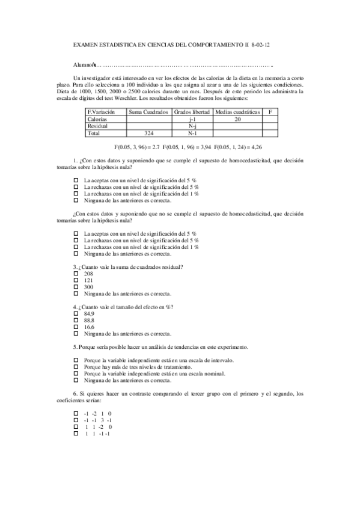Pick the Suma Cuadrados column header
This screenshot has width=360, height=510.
pos(148,112)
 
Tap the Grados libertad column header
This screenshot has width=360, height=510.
pos(192,112)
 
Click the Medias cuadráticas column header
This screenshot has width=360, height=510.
pos(237,112)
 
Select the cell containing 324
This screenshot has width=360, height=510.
pos(148,133)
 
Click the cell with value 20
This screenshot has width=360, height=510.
pos(237,120)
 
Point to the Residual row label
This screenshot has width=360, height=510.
pos(98,126)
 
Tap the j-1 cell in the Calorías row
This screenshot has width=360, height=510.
pos(192,120)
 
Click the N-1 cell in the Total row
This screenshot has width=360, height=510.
pos(192,133)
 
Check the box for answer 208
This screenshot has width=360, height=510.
pos(76,274)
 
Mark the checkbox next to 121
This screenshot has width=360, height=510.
pos(76,280)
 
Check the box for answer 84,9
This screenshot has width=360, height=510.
pos(76,314)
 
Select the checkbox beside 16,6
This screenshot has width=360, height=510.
pos(76,327)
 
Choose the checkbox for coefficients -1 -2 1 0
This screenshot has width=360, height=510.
pos(76,414)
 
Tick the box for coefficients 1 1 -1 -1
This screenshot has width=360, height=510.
pos(76,434)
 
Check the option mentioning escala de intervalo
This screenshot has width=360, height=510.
pos(76,360)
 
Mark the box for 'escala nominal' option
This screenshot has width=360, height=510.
pos(76,373)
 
